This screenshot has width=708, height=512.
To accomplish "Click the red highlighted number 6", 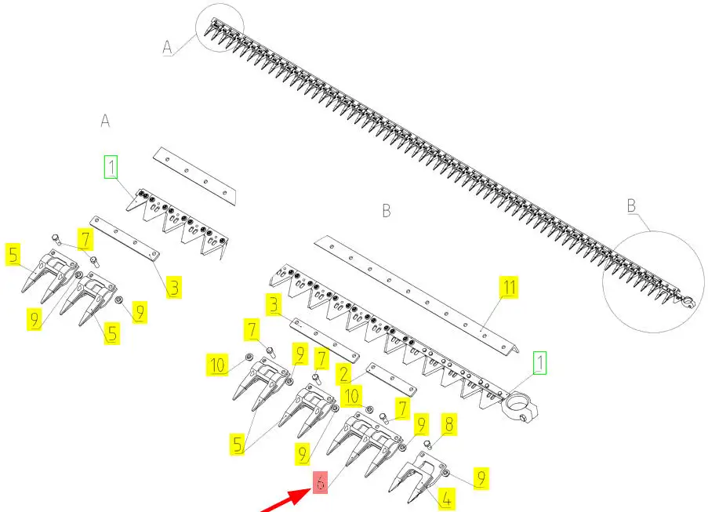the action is point(320,482).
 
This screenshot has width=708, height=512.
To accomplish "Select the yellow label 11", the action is point(509,287).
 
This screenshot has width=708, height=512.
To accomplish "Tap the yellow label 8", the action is point(448,424).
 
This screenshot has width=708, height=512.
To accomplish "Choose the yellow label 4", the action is point(446,499).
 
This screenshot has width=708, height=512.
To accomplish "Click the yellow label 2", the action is point(343,374).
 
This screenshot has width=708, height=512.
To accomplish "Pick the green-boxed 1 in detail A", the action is point(111,166).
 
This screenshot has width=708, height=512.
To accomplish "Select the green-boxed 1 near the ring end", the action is point(539,362).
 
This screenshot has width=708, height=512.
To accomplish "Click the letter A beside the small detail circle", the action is point(168,47).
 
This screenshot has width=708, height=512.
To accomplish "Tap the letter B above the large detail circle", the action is point(632,206).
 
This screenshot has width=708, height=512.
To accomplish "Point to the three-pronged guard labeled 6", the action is point(365,445).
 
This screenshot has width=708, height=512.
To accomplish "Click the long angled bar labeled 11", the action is point(416,296).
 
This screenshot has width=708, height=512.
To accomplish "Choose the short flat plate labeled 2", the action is point(391,379).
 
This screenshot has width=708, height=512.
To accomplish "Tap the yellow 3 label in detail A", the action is point(174,287).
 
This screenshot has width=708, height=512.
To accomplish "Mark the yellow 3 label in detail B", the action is point(274,305).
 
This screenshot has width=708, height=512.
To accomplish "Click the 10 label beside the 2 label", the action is point(352,395).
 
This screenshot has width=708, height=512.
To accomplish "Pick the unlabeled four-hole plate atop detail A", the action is point(194,176).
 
